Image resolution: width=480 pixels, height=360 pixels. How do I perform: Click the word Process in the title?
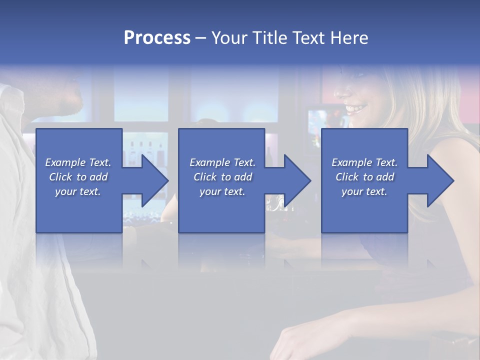point(157,38)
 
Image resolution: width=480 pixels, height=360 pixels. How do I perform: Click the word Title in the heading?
point(267,38)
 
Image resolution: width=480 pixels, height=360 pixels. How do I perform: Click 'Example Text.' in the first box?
point(78,162)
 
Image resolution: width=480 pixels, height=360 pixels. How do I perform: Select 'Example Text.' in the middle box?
point(222,162)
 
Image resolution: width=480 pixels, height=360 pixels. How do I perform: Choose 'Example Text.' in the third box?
point(364,162)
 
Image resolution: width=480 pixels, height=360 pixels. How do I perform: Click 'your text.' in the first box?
point(78,191)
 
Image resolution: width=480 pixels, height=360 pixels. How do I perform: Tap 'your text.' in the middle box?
point(222,191)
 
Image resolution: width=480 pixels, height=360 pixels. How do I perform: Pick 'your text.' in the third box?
point(364,191)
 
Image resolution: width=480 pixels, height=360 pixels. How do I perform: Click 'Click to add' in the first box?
point(78,177)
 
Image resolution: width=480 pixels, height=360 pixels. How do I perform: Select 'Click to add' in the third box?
point(364,177)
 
